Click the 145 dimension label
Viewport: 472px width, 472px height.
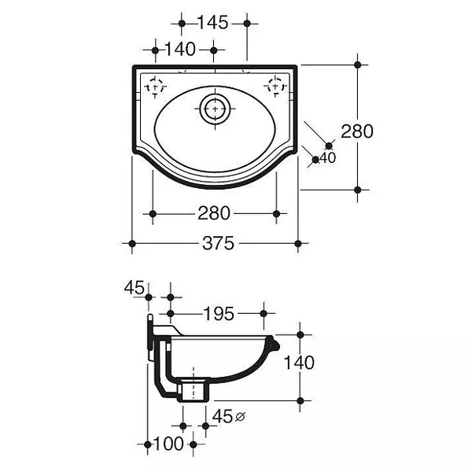[x=213, y=23]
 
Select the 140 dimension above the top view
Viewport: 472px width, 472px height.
[x=180, y=49]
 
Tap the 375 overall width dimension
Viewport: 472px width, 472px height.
[x=218, y=243]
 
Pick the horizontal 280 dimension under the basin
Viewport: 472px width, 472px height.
[x=214, y=213]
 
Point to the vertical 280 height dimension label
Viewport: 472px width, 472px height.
[x=357, y=131]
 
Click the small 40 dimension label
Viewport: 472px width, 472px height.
[x=327, y=158]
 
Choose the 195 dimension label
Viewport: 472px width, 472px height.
[x=219, y=314]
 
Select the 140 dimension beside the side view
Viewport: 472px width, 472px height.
[x=299, y=363]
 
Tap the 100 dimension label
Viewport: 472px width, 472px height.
[x=168, y=444]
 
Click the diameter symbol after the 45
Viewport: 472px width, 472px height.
[x=240, y=417]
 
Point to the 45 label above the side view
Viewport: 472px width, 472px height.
[x=135, y=287]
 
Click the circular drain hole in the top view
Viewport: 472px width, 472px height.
[x=215, y=109]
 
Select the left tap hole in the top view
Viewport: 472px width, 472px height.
[x=155, y=87]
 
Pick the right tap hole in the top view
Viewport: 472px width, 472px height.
[x=275, y=87]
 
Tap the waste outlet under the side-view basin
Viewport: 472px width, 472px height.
[x=193, y=389]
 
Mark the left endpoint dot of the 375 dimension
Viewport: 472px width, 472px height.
[x=132, y=243]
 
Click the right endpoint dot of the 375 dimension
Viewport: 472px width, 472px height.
[x=298, y=243]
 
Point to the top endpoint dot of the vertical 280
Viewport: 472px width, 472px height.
[x=358, y=65]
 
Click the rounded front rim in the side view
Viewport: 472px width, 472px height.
[x=274, y=344]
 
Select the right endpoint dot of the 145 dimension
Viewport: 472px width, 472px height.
[x=247, y=23]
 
